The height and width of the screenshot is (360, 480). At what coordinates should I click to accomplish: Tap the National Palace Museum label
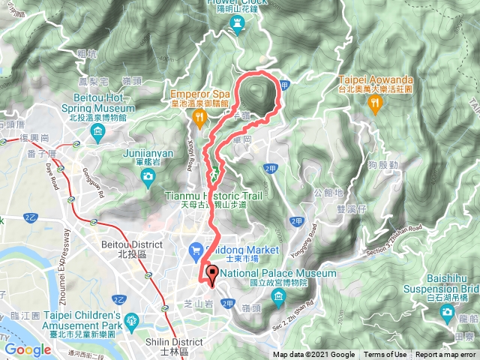point(277,274)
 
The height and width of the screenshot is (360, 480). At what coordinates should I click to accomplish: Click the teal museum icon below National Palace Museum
point(278,299)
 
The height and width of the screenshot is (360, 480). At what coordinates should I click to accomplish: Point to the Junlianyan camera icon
point(148,176)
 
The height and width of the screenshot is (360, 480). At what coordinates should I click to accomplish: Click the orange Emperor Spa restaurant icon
point(199,117)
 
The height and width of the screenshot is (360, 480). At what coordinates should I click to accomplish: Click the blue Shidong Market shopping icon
point(194,248)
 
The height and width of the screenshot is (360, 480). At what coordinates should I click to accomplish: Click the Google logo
point(28,349)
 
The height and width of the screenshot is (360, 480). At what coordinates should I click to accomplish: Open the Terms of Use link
point(385,355)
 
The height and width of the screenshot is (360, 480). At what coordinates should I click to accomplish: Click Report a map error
point(447,355)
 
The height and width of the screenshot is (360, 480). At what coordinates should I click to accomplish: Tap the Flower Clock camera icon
point(238,25)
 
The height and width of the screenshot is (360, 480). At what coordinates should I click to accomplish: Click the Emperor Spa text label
point(199,94)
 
